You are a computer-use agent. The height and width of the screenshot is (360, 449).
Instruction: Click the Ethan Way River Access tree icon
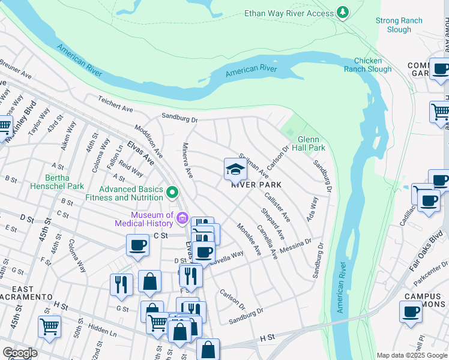342,12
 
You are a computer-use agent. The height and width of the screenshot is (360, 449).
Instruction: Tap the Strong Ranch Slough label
399,25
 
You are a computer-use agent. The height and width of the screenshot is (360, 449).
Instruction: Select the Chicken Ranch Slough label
372,65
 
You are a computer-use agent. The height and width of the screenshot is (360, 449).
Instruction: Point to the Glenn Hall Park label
312,143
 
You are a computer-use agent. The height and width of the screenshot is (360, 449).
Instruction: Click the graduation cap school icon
235,170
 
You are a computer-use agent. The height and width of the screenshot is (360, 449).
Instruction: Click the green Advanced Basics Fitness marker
173,193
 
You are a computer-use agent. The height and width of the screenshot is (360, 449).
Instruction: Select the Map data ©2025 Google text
412,355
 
